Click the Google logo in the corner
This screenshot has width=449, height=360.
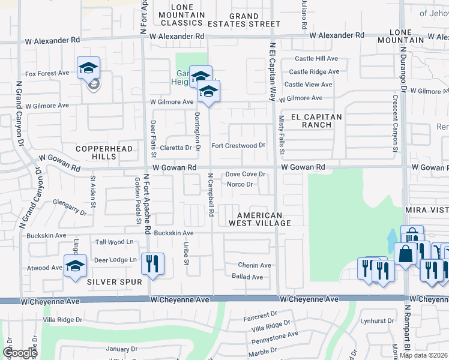tap(20, 353)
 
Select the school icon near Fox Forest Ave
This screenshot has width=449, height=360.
tap(88, 68)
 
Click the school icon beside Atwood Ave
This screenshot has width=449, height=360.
tap(75, 266)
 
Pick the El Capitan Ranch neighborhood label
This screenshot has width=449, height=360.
tap(316, 121)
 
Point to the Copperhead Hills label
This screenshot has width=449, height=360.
tap(95, 152)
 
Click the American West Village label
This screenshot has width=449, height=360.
tap(259, 219)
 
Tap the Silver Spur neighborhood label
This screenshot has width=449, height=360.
tap(114, 281)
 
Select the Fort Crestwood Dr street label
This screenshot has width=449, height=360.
tap(238, 146)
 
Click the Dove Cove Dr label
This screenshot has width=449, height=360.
tap(245, 174)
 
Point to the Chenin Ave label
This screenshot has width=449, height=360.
tap(255, 265)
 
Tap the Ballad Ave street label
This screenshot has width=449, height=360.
tap(248, 277)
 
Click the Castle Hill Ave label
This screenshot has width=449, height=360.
tap(317, 59)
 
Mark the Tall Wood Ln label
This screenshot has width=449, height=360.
tap(115, 242)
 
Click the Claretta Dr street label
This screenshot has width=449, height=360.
tap(179, 147)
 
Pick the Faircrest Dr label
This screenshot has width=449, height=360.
tap(260, 314)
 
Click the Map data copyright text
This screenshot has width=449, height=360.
tap(423, 355)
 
